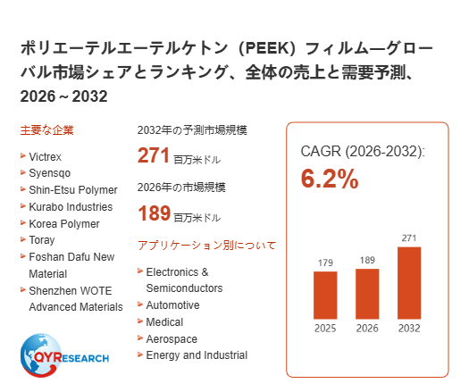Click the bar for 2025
coord(325,296)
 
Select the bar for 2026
coord(367,294)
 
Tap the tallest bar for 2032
coord(409,283)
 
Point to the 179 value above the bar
coord(325,263)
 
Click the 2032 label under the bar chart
coord(409,329)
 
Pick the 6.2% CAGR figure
coord(330,179)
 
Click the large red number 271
coord(154,155)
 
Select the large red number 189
coord(154,213)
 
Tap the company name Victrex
coord(46,156)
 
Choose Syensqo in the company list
coord(50,173)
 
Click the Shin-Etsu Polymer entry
coord(73,190)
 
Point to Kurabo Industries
coord(71,206)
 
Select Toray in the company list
coord(42,240)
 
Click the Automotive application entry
coord(172,305)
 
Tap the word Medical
coord(164,322)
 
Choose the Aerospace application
coord(172,338)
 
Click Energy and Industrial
coord(197,355)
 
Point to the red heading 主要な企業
coord(47,130)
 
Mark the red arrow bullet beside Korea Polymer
coord(23,222)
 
